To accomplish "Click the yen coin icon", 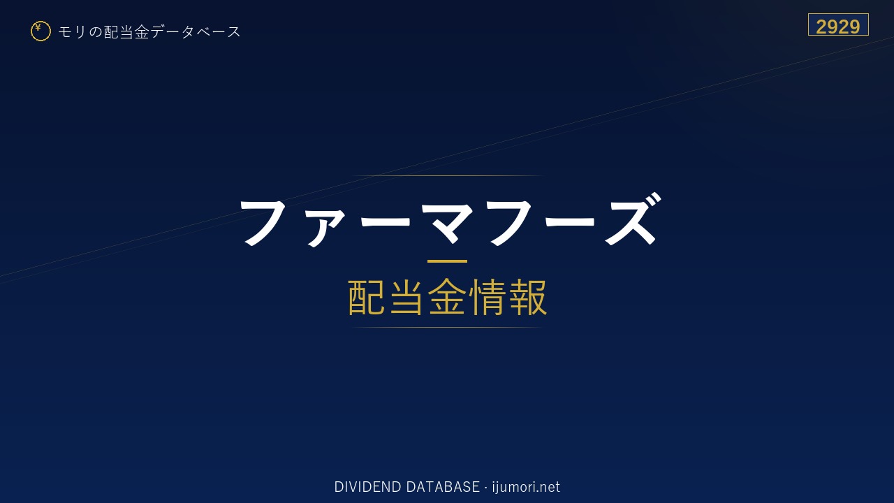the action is (41, 31).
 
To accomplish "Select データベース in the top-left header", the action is (196, 32).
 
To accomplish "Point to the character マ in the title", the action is (449, 222).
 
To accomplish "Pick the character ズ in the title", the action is (633, 219).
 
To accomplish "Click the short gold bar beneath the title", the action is (447, 261).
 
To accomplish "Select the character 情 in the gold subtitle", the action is (487, 297).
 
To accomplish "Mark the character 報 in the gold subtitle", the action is (527, 297).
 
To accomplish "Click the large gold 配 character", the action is (367, 297).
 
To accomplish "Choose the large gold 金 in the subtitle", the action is (447, 297).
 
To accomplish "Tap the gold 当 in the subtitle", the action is (406, 297).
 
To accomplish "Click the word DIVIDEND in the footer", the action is (367, 487).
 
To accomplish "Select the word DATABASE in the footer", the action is (443, 487).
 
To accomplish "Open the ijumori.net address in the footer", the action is (526, 487).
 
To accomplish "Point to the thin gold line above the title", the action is (447, 175).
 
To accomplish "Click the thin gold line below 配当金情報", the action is (447, 328).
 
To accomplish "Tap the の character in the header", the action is (95, 32).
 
